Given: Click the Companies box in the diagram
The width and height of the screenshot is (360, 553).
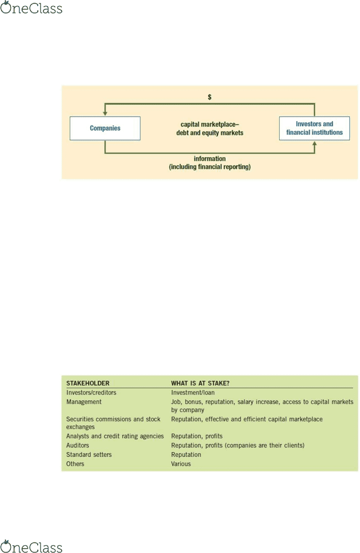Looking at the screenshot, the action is click(x=105, y=128).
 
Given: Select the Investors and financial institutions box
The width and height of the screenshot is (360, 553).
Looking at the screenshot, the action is click(x=314, y=128).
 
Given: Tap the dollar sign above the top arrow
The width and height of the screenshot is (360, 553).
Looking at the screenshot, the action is click(x=209, y=97).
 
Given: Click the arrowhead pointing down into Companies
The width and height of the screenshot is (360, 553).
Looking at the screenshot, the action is click(x=105, y=113).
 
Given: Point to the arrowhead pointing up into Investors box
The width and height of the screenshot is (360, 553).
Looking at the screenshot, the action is click(x=315, y=144).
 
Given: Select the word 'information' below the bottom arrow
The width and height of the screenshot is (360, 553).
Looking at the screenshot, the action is click(x=209, y=158).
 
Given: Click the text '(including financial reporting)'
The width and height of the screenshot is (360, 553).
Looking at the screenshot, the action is click(x=209, y=167).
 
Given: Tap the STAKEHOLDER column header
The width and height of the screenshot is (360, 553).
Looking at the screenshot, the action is click(x=88, y=383).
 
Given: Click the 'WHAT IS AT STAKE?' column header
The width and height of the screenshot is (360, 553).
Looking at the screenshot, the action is click(x=200, y=383).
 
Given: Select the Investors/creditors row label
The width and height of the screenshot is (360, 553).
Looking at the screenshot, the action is click(x=91, y=392).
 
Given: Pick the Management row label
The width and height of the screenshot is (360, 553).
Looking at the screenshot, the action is click(x=84, y=402).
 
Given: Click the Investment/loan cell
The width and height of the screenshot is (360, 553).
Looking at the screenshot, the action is click(x=193, y=392).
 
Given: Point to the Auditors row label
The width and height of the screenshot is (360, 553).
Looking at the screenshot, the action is click(x=78, y=445).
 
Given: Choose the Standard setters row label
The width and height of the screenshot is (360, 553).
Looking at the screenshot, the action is click(x=89, y=454).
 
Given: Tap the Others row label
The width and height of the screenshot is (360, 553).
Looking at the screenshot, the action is click(x=75, y=464).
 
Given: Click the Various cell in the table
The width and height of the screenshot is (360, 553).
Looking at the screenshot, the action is click(x=181, y=464).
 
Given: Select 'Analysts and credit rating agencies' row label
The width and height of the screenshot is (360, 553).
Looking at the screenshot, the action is click(x=115, y=436).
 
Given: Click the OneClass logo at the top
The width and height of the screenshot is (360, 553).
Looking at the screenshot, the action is click(x=31, y=7).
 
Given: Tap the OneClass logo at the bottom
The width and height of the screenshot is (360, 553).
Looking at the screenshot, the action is click(x=31, y=546).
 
